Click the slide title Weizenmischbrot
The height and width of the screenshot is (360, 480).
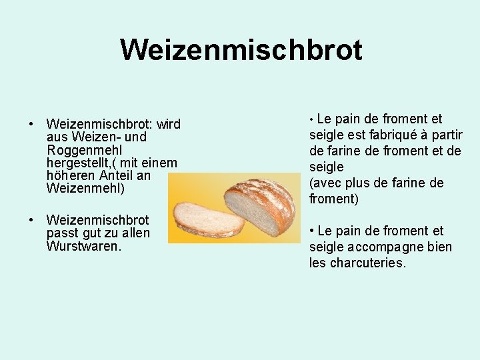tap(241, 49)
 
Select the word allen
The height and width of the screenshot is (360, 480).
tap(134, 233)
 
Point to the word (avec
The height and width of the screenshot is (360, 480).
tap(326, 183)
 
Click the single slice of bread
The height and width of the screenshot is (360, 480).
tap(208, 219)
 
